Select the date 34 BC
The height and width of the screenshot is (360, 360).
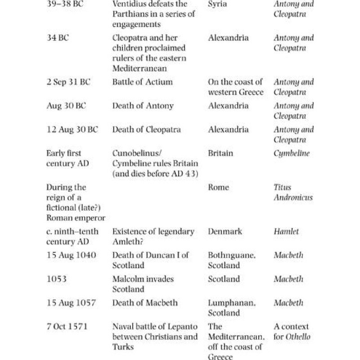[58, 38]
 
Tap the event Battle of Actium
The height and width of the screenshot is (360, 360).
[142, 82]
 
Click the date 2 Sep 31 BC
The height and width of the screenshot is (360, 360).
[68, 82]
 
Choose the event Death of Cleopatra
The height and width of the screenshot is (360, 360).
[146, 130]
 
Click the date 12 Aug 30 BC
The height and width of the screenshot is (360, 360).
[72, 130]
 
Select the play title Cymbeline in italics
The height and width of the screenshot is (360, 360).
[292, 153]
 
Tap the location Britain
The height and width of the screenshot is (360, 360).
[220, 153]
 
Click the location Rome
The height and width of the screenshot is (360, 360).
[218, 187]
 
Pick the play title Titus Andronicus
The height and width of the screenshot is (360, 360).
[293, 192]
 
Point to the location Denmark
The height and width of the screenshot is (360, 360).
[225, 232]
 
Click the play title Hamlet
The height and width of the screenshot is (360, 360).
[286, 232]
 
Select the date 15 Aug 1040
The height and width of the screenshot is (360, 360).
[71, 255]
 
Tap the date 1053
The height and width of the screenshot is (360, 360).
[56, 279]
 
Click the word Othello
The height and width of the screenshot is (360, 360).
[300, 337]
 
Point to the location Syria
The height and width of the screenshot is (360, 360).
[218, 4]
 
